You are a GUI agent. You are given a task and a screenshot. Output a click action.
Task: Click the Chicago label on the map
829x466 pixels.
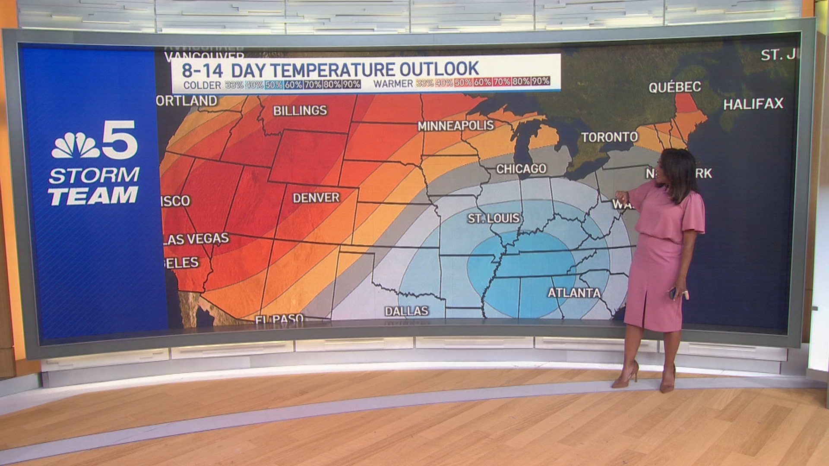(x=521, y=169)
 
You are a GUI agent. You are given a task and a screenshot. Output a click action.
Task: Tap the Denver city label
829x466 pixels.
(x=316, y=198)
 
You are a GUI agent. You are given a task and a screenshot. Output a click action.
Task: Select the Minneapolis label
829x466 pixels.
(x=456, y=126)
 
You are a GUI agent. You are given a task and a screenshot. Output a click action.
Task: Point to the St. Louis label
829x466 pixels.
(x=494, y=218)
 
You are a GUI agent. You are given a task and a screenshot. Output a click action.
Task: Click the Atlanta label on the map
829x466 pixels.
(x=574, y=293)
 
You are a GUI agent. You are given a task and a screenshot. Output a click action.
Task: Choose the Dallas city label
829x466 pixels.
(x=406, y=311)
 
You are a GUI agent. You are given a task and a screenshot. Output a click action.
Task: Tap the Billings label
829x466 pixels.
(x=300, y=111)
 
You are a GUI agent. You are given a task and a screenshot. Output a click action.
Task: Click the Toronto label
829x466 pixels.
(x=609, y=137)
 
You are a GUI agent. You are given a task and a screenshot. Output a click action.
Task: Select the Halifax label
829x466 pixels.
(x=753, y=104)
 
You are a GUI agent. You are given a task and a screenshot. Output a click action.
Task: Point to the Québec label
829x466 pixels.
(x=674, y=87)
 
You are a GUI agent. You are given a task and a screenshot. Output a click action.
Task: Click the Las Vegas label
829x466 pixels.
(x=196, y=239)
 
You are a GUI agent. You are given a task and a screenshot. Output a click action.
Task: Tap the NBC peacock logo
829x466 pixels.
(x=75, y=145)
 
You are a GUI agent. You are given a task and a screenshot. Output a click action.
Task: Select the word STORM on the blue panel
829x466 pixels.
(x=94, y=176)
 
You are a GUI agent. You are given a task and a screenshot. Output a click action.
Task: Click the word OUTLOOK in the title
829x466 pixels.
(x=439, y=69)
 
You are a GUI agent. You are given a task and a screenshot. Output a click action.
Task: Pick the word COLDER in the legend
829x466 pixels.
(x=202, y=85)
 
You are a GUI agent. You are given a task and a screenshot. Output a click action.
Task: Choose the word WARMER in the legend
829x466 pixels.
(x=393, y=84)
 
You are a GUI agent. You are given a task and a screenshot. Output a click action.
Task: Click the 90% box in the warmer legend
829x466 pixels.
(x=541, y=81)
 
